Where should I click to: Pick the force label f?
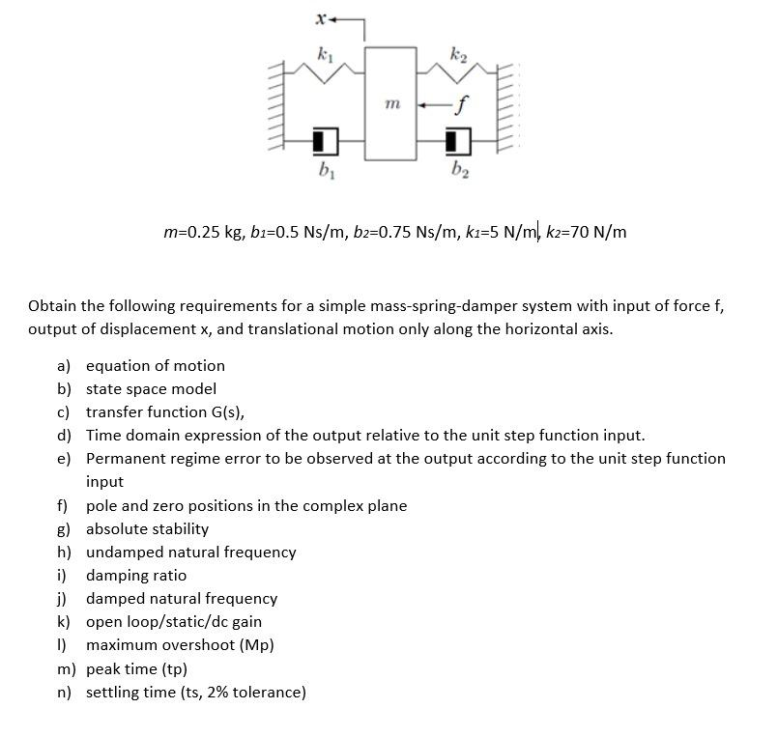[465, 100]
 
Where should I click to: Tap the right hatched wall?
[506, 106]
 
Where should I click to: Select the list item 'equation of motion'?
[155, 365]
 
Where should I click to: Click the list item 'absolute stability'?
[147, 529]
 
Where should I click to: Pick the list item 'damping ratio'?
[136, 576]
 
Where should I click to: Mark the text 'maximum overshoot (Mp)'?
[180, 645]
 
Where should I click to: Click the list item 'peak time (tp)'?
[136, 669]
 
